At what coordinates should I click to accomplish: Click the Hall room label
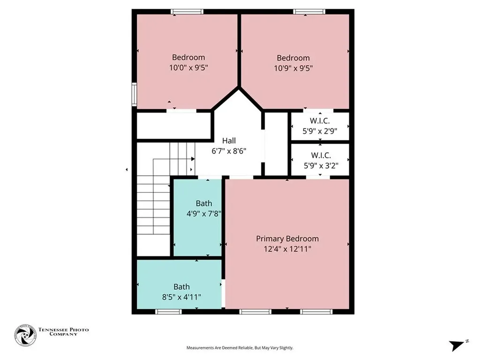[229, 141]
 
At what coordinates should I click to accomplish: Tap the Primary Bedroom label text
[287, 239]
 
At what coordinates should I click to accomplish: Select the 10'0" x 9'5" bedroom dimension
[188, 67]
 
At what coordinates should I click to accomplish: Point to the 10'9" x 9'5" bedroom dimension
[293, 68]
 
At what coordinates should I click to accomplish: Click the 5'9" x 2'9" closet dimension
[320, 131]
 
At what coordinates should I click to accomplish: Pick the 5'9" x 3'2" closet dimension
[321, 165]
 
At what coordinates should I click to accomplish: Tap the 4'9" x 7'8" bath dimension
[204, 214]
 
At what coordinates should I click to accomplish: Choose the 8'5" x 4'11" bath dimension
[181, 297]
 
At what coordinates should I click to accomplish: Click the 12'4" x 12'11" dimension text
[287, 249]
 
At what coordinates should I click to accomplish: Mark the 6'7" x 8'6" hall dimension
[229, 151]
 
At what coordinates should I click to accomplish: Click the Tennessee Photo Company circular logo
[25, 336]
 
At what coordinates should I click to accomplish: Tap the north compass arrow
[457, 345]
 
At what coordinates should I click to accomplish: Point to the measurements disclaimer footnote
[240, 348]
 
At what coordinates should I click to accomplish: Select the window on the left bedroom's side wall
[134, 94]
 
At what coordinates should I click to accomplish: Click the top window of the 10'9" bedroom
[309, 12]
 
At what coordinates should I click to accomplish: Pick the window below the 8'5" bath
[168, 312]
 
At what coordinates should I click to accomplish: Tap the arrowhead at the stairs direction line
[193, 159]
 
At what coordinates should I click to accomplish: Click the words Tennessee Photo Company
[63, 332]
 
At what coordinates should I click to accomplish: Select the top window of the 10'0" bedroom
[187, 12]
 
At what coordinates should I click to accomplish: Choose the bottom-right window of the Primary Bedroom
[316, 312]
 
